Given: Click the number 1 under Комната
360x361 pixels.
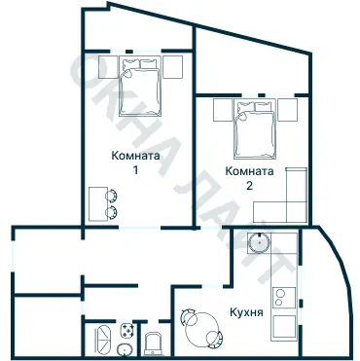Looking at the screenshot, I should (x=135, y=169).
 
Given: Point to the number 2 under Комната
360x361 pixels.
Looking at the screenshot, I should (x=250, y=185).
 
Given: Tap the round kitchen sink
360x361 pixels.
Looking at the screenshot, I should (x=259, y=243).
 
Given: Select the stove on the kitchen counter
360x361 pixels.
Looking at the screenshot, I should (x=285, y=292).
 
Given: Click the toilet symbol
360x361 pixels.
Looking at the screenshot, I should (x=155, y=343).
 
